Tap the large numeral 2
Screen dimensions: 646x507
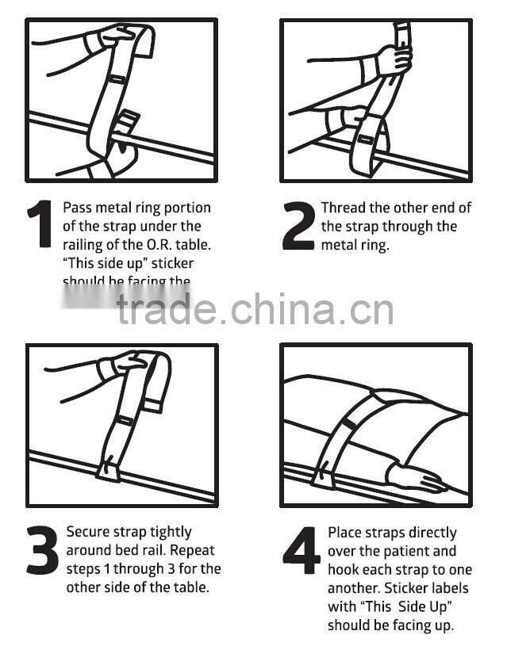298,226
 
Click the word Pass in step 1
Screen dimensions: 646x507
78,208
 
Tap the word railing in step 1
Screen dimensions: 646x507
83,244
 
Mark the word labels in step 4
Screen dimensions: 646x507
448,588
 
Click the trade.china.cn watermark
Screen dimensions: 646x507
254,308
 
